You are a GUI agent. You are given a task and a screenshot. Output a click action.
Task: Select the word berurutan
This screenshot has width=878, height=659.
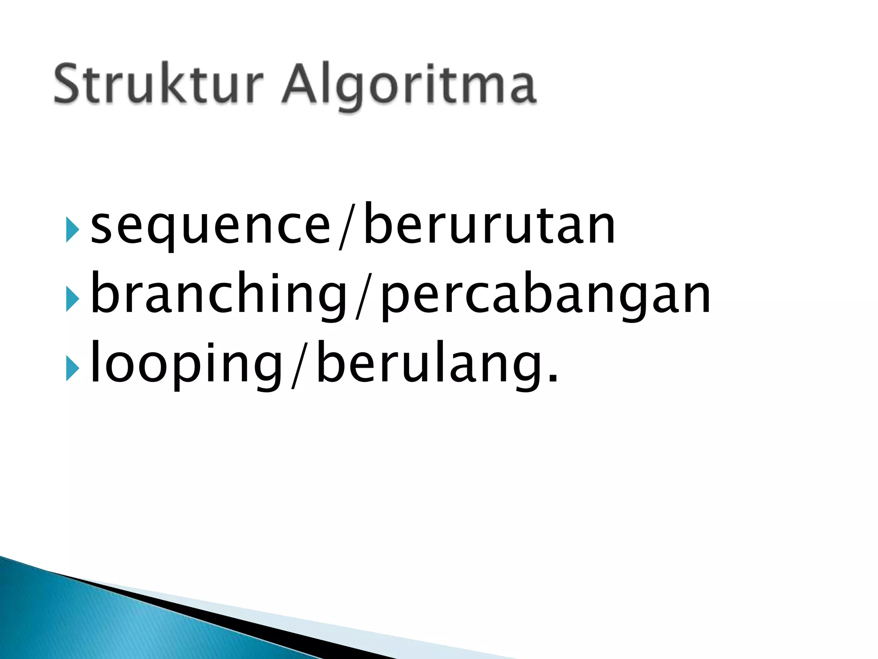click(489, 225)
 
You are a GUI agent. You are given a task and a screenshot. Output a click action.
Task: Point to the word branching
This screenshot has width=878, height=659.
click(219, 294)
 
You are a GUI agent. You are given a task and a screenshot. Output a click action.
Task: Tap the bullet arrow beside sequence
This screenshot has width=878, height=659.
click(72, 230)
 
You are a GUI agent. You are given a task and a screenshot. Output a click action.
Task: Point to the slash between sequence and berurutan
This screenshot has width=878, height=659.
click(347, 226)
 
